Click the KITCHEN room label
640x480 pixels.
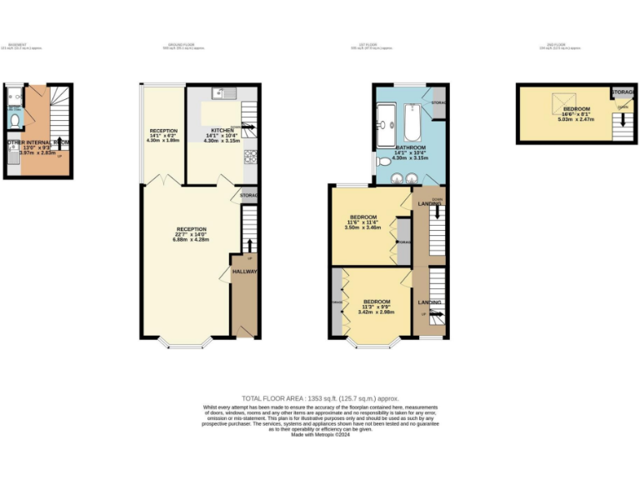point(222,131)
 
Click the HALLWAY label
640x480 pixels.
point(244,272)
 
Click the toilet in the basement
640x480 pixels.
point(13,122)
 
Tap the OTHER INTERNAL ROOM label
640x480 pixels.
point(37,142)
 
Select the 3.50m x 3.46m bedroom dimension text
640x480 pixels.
point(363,227)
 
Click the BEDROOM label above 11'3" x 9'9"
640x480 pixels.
point(377,301)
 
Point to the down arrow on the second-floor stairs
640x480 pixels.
point(621,122)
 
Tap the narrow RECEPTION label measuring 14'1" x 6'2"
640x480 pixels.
point(163,131)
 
